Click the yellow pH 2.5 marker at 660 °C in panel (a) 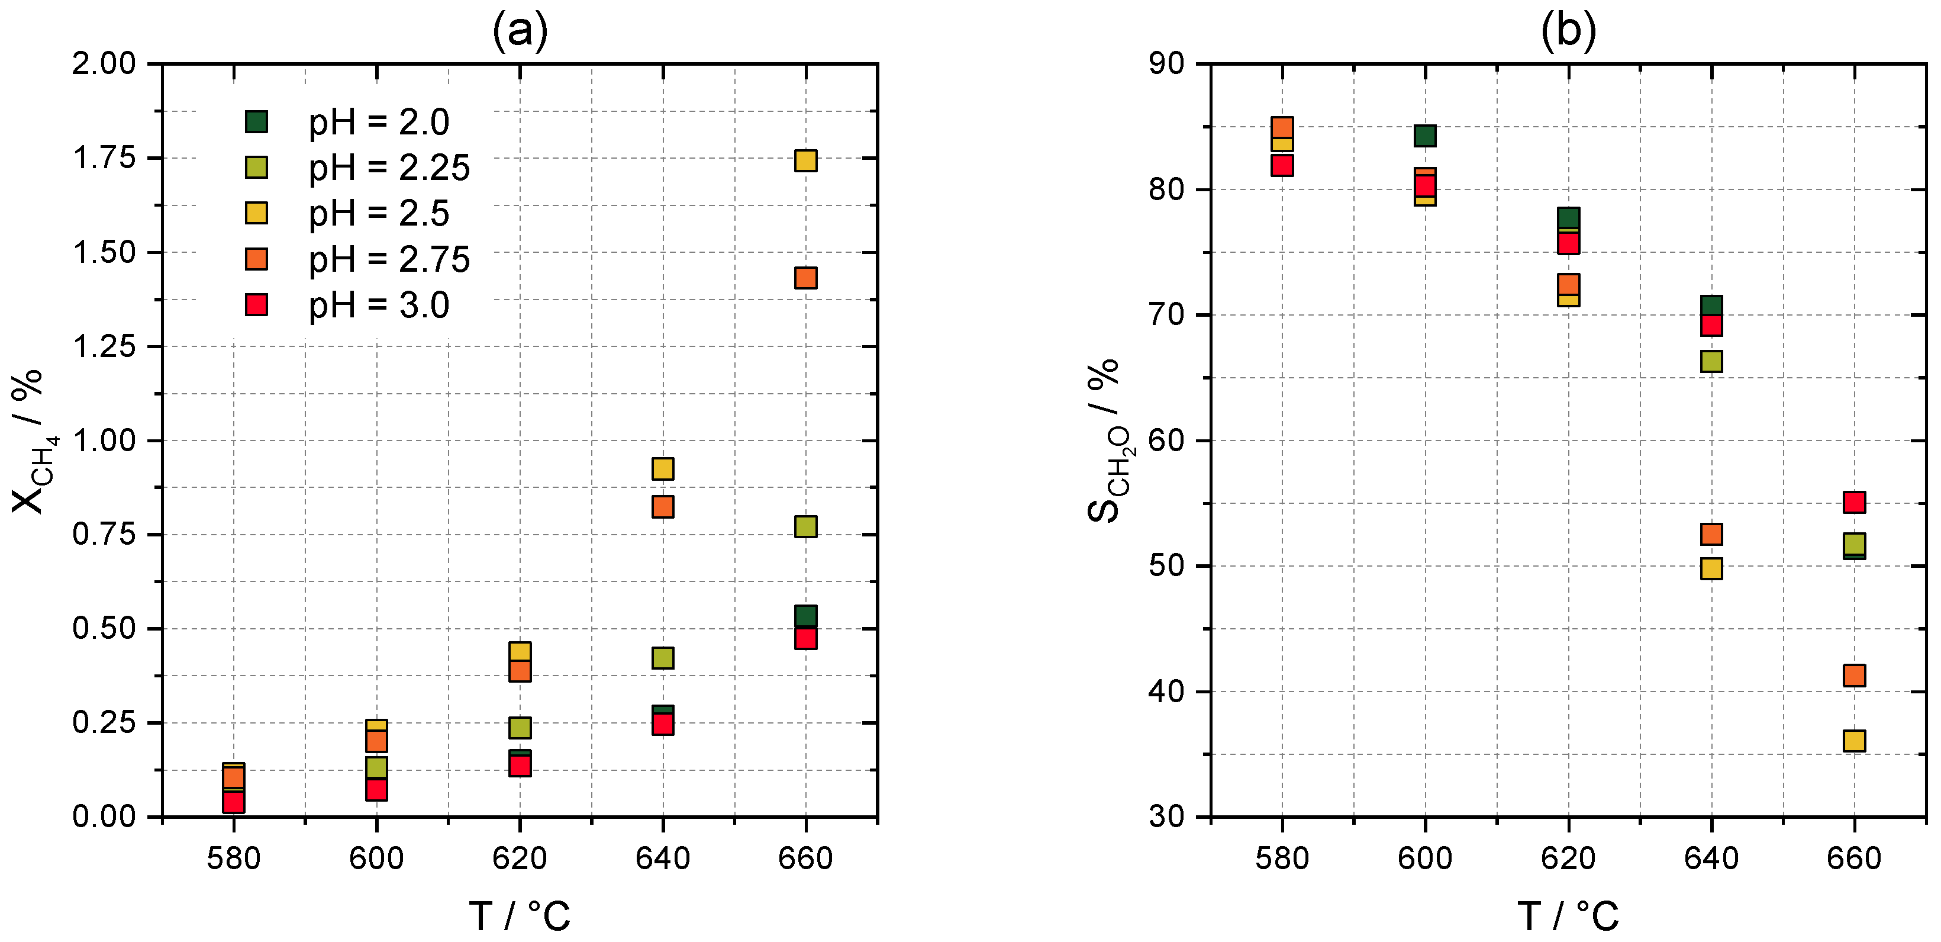pyautogui.click(x=805, y=160)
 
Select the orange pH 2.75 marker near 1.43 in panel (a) pyautogui.click(x=805, y=278)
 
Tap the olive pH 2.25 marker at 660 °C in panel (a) pyautogui.click(x=805, y=526)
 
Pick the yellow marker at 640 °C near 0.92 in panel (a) pyautogui.click(x=662, y=469)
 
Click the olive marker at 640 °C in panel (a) pyautogui.click(x=662, y=658)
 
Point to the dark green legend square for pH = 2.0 pyautogui.click(x=256, y=121)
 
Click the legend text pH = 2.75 pyautogui.click(x=389, y=259)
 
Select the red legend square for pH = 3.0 pyautogui.click(x=256, y=305)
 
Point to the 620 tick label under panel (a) pyautogui.click(x=519, y=859)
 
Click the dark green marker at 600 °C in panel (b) pyautogui.click(x=1425, y=136)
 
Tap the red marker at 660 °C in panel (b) pyautogui.click(x=1855, y=502)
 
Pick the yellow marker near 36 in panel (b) pyautogui.click(x=1855, y=741)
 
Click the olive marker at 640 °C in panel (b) pyautogui.click(x=1711, y=361)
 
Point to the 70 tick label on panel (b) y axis pyautogui.click(x=1166, y=315)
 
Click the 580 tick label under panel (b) pyautogui.click(x=1282, y=859)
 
